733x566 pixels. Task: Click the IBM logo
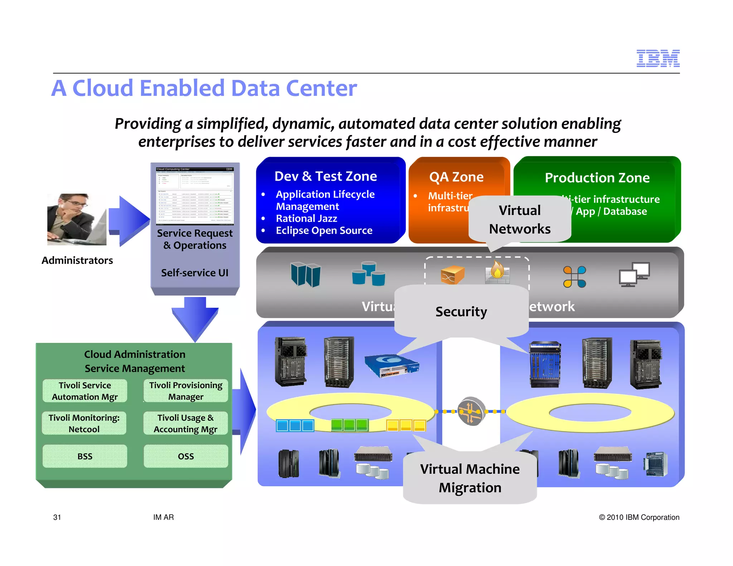tap(657, 58)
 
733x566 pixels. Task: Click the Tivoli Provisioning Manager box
tap(185, 391)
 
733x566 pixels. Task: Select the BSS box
tap(85, 456)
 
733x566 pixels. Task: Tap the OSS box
tap(186, 456)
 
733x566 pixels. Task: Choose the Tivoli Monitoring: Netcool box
tap(84, 423)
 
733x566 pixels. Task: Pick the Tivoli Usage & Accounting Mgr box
tap(185, 423)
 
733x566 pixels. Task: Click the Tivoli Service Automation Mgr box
tap(85, 391)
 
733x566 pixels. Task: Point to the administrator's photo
tap(77, 219)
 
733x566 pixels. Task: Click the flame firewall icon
tap(497, 272)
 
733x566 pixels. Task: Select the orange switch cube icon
tap(452, 275)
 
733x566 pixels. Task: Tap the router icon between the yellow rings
tap(471, 411)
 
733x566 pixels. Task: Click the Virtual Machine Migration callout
tap(470, 478)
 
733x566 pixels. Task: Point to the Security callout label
tap(461, 311)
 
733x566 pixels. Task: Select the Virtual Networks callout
tap(520, 219)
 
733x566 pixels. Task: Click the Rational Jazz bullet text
tap(306, 218)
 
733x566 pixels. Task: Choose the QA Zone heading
tap(456, 177)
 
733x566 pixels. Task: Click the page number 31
tap(57, 517)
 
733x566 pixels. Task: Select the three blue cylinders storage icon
tap(368, 274)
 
